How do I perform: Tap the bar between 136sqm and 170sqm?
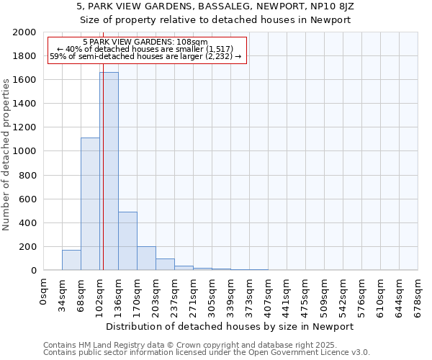tap(127, 241)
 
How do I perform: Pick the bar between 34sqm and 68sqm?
tap(71, 260)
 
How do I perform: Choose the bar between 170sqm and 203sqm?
tap(146, 258)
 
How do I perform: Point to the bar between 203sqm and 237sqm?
tap(165, 264)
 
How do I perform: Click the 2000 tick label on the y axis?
tap(24, 32)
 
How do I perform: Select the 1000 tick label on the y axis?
tap(24, 151)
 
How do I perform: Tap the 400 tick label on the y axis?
tap(27, 222)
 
